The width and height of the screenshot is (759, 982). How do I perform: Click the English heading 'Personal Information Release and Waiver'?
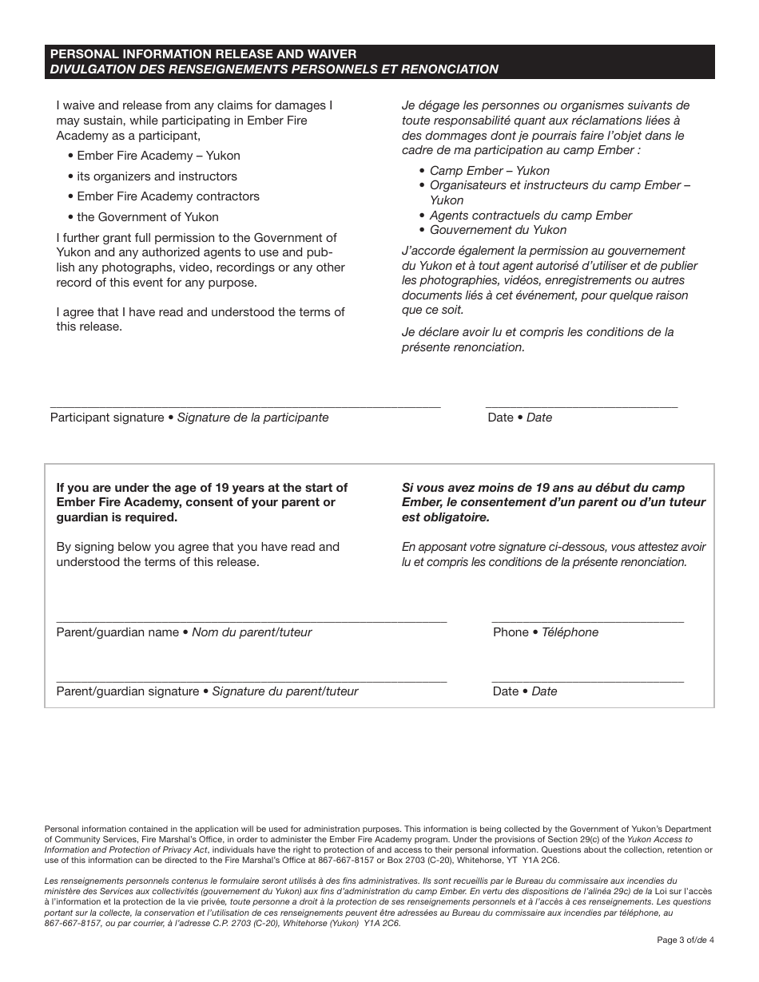coord(203,53)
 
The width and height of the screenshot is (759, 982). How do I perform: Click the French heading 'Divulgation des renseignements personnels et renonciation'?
coord(274,69)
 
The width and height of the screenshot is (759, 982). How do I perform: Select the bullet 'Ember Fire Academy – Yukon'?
coord(158,156)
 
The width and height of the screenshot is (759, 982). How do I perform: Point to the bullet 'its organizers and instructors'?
coord(157,176)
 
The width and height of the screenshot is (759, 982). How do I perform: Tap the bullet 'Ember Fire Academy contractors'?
coord(168,196)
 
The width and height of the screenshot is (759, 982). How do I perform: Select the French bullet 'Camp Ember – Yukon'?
coord(489,171)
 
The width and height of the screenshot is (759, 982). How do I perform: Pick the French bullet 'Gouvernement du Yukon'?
coord(498,230)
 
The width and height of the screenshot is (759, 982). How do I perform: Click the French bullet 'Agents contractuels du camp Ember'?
coord(531,216)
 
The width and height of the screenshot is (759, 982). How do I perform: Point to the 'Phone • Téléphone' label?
coord(546,632)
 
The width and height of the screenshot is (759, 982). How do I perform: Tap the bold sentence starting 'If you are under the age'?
coord(201,502)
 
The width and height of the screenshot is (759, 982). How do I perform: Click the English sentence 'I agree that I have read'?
coord(200,319)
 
